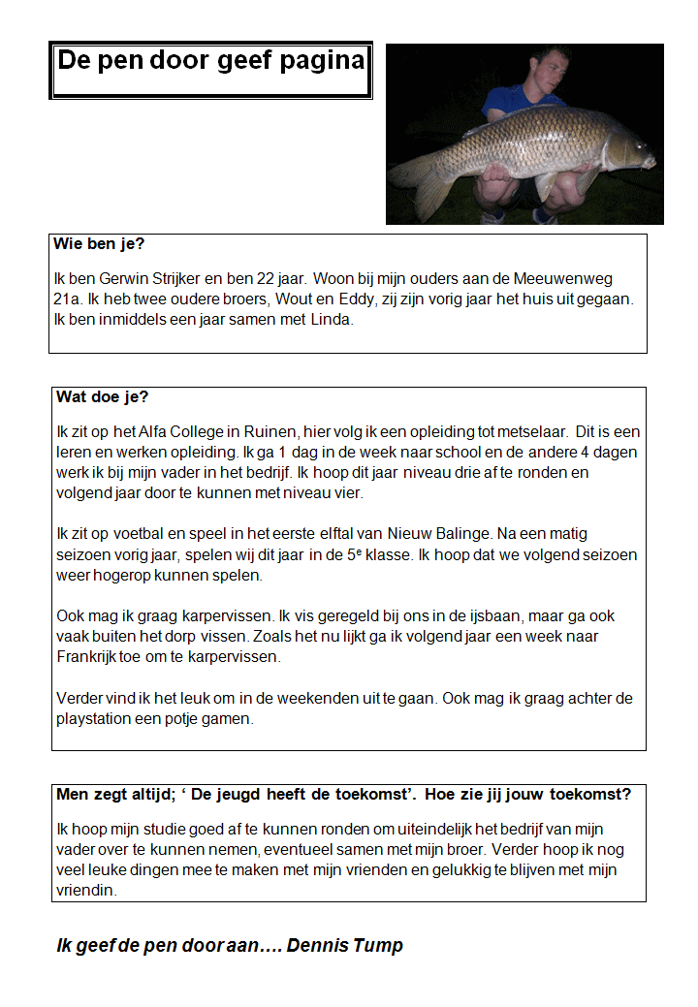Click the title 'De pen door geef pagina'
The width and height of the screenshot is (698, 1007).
pyautogui.click(x=210, y=61)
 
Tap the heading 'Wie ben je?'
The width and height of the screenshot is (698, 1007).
pyautogui.click(x=107, y=244)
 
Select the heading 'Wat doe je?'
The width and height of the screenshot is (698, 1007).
pyautogui.click(x=102, y=397)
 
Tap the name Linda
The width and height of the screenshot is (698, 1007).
pyautogui.click(x=333, y=320)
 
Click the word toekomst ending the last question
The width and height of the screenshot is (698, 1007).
pyautogui.click(x=590, y=795)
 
